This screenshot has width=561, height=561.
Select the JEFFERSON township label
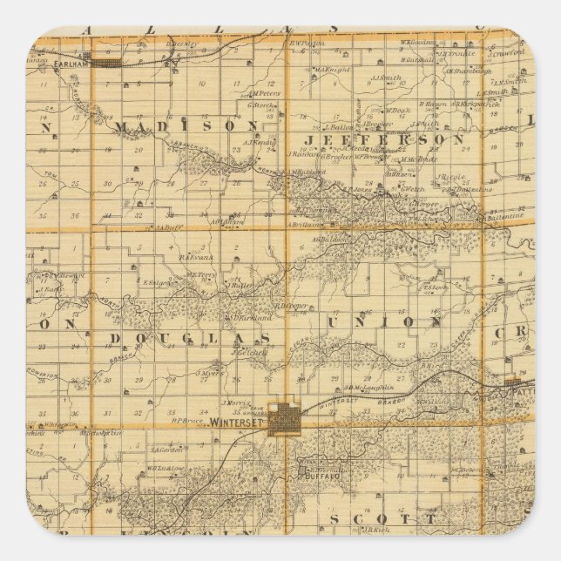(383, 139)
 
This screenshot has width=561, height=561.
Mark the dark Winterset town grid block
(287, 416)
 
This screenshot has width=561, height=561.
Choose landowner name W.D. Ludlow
(165, 467)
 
